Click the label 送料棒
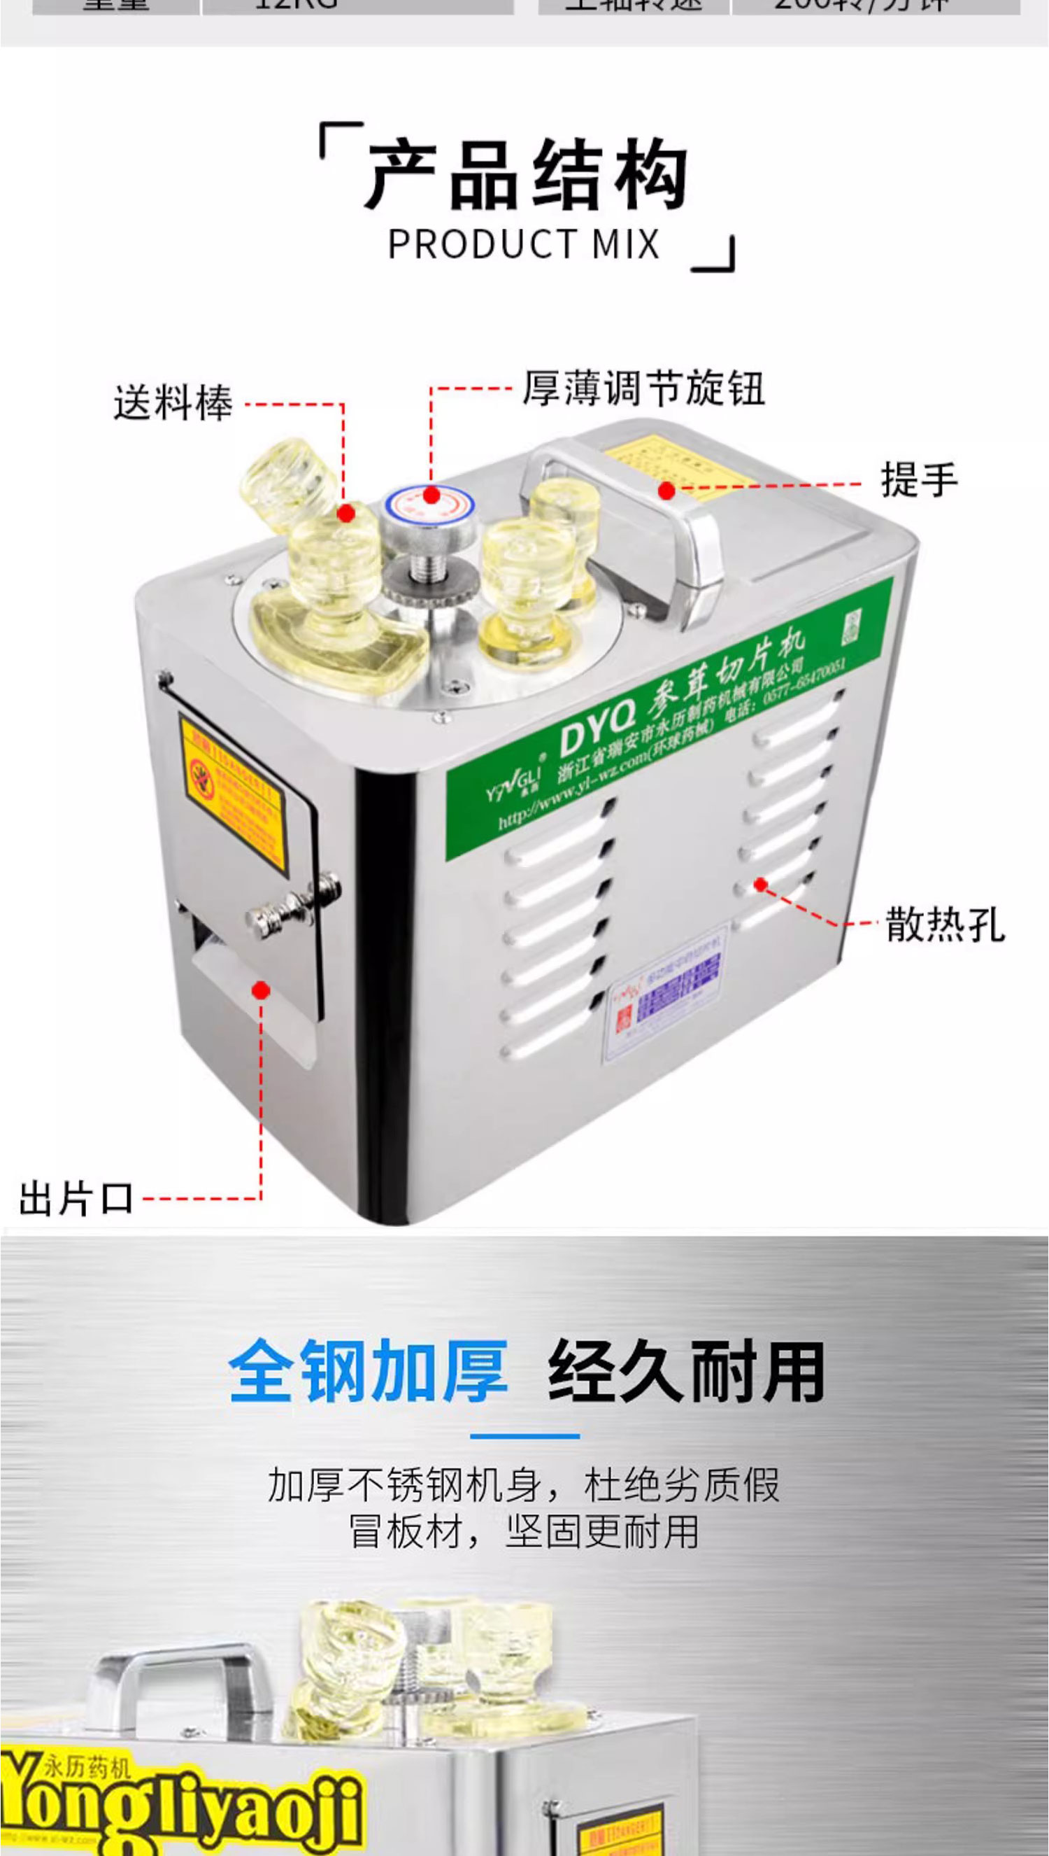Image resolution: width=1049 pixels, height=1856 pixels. coord(173,402)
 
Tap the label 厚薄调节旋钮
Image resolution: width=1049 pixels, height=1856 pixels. coord(643,389)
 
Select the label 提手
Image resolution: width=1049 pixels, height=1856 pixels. coord(919,479)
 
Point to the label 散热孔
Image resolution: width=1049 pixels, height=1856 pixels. coord(945,925)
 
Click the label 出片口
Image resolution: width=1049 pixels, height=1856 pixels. coord(76,1199)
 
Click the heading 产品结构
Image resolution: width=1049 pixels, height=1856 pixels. coord(526,175)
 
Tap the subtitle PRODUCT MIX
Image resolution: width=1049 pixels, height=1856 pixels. coord(524,244)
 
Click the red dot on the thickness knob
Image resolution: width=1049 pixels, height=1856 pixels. coord(431,496)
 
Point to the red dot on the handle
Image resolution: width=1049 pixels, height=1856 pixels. coord(666,491)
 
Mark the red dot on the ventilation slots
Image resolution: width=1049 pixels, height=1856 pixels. coord(761,885)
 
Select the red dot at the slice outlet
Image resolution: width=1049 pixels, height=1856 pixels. coord(261,990)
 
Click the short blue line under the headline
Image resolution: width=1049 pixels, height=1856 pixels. coord(524,1437)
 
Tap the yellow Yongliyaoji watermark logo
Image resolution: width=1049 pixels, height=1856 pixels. coord(180,1801)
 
